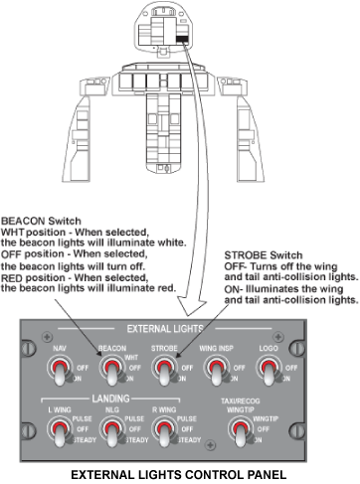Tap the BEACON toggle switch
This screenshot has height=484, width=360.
pyautogui.click(x=113, y=371)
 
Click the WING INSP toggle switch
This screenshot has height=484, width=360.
pyautogui.click(x=218, y=371)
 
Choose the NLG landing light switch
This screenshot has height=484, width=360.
pyautogui.click(x=113, y=431)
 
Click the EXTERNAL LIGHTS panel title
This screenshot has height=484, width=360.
pyautogui.click(x=165, y=329)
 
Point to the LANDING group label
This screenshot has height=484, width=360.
pyautogui.click(x=110, y=399)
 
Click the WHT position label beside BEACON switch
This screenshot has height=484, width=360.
pyautogui.click(x=131, y=358)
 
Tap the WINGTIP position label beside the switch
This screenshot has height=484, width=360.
pyautogui.click(x=266, y=418)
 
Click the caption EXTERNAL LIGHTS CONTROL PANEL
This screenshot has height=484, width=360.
pyautogui.click(x=179, y=475)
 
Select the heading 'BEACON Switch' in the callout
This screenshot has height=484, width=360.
pyautogui.click(x=41, y=221)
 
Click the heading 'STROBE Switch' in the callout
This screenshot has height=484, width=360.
pyautogui.click(x=264, y=255)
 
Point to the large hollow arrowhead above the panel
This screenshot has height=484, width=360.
pyautogui.click(x=192, y=305)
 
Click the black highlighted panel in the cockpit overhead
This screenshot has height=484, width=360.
pyautogui.click(x=182, y=40)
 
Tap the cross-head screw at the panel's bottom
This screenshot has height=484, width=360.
pyautogui.click(x=210, y=444)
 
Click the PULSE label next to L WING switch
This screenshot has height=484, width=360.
pyautogui.click(x=82, y=418)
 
